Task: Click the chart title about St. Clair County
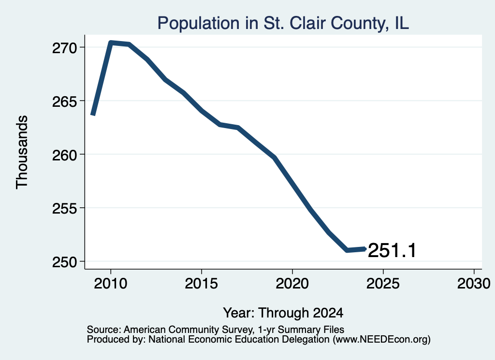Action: (283, 23)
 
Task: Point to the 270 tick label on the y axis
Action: (64, 48)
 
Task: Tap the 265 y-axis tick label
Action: (64, 101)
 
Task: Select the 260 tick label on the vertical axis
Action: (64, 155)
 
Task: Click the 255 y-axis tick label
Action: (64, 209)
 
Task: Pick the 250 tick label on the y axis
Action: (64, 262)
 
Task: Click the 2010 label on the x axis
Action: (111, 283)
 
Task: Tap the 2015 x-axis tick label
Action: (202, 283)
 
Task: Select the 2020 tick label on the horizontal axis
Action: (292, 283)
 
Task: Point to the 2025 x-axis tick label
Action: (383, 283)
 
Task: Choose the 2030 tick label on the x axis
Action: (474, 283)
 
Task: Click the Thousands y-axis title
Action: (22, 152)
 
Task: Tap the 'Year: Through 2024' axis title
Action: (283, 313)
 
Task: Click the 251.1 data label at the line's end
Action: (392, 251)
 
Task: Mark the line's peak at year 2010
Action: (111, 43)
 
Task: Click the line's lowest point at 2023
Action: (347, 250)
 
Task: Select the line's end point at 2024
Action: (364, 249)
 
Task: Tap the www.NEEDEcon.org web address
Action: (381, 340)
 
